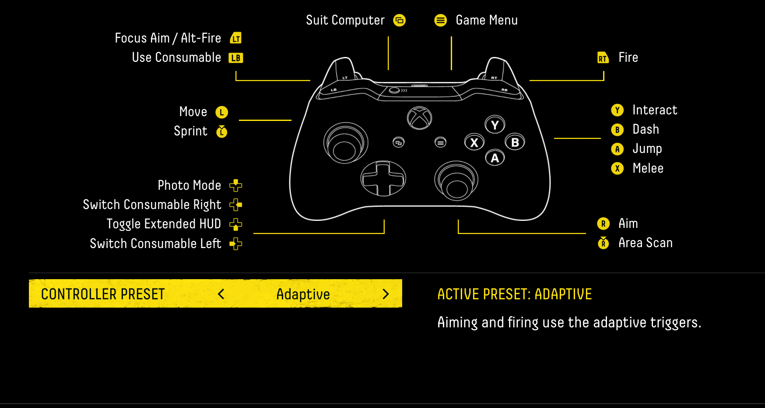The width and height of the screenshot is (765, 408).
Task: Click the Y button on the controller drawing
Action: (495, 125)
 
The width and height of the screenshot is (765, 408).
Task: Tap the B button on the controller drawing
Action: (515, 142)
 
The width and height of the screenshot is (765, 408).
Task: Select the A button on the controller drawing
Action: (495, 158)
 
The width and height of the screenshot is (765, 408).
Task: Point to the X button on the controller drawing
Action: (474, 142)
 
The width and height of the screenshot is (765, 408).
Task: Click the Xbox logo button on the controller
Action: (419, 118)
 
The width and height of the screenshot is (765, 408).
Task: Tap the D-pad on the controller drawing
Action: (383, 178)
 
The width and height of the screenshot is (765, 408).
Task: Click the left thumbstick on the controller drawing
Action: (345, 143)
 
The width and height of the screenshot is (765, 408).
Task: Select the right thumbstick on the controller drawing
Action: (456, 180)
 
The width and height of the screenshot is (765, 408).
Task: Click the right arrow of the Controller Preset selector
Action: (386, 294)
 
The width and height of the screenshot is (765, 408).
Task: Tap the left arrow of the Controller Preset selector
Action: (221, 294)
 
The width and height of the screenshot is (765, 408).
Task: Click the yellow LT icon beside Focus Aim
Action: (236, 38)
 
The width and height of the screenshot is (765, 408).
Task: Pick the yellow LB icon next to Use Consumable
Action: (236, 58)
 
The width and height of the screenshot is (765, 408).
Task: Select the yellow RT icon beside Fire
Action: (603, 58)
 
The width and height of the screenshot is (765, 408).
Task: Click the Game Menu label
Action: (486, 20)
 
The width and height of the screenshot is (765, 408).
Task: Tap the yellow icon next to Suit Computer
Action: (400, 20)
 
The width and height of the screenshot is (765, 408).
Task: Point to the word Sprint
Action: (190, 131)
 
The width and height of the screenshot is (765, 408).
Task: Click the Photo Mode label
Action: (189, 185)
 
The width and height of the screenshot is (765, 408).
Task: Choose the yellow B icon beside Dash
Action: (617, 130)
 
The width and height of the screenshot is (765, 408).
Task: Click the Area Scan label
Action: (645, 243)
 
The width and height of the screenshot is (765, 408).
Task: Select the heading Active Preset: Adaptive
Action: (514, 294)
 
